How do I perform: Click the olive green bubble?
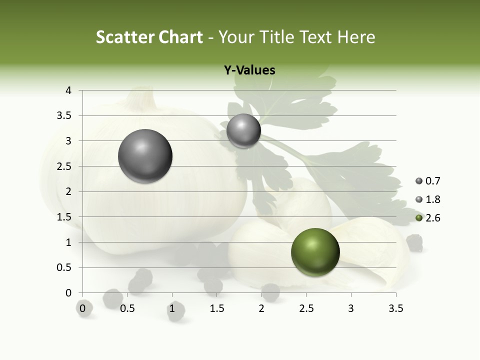[x=315, y=252]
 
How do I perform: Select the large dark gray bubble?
[x=145, y=156]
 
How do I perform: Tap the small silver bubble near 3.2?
[x=243, y=131]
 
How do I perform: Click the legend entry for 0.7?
[x=428, y=181]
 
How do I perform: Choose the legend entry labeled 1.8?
[x=428, y=199]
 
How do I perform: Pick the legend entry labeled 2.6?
[x=428, y=218]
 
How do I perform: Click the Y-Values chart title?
[x=249, y=70]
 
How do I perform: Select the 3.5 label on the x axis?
[x=395, y=308]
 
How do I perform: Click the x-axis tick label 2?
[x=261, y=308]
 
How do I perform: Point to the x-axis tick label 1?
[x=172, y=308]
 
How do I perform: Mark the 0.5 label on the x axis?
[x=127, y=308]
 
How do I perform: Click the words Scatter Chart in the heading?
[x=149, y=37]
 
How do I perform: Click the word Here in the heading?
[x=356, y=37]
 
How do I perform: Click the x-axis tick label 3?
[x=351, y=308]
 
